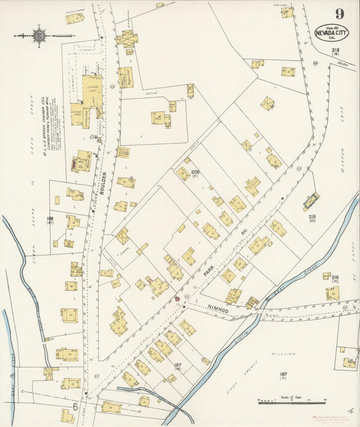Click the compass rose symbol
[37, 35]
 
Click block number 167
[178, 366]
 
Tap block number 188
[50, 219]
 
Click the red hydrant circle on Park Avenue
[178, 298]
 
